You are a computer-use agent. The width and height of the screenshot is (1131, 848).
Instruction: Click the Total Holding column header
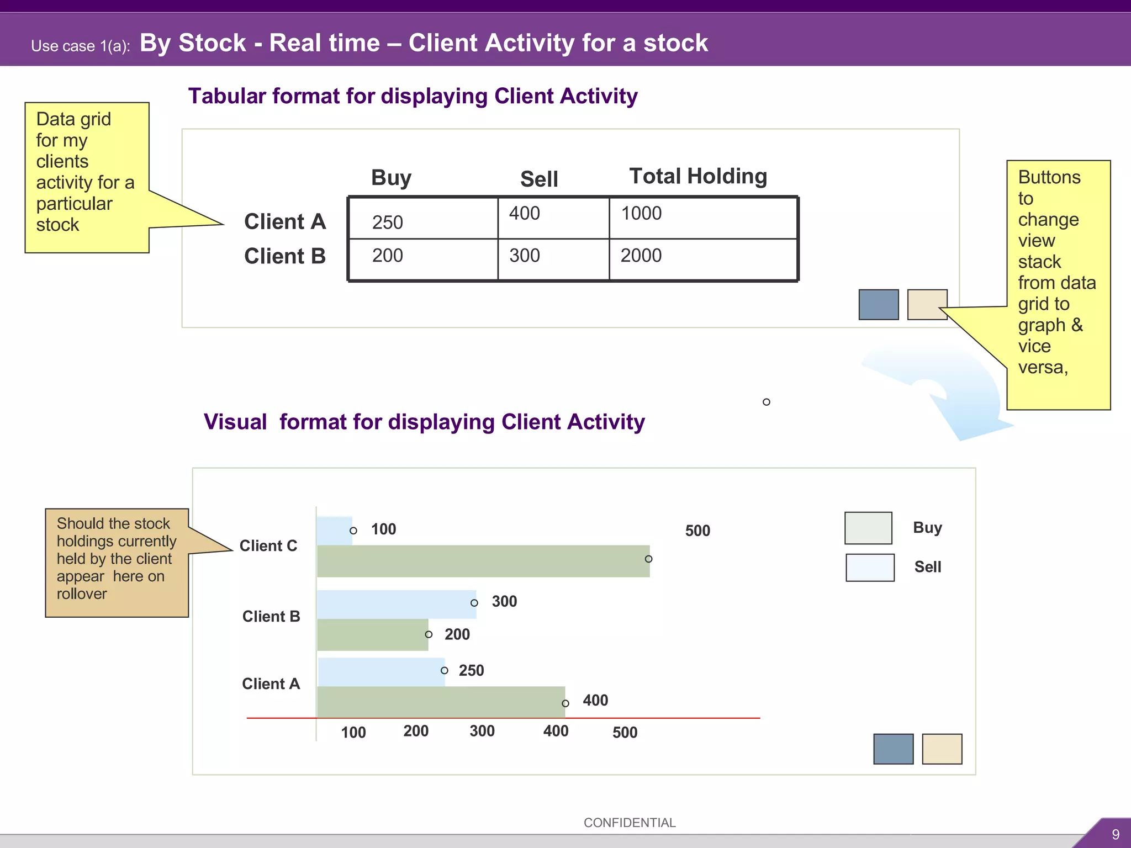[697, 177]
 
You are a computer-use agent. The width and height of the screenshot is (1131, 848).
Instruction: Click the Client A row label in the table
[284, 221]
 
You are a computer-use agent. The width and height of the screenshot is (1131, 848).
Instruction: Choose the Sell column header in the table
[538, 179]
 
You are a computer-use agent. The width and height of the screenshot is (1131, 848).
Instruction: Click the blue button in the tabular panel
[878, 304]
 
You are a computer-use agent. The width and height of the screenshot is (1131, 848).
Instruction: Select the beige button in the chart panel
[942, 749]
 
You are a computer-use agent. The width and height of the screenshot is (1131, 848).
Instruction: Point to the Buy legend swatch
[868, 528]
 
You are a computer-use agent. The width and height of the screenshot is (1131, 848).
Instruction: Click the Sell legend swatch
[870, 568]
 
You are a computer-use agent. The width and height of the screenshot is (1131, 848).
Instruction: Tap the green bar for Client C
[483, 561]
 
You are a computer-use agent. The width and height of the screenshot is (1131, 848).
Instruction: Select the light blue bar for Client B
[396, 604]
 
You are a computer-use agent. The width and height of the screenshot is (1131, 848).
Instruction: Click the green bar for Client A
[441, 702]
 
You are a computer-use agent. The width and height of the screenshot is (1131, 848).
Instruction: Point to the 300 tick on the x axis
[482, 731]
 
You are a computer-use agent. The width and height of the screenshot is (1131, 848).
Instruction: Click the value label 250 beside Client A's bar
[471, 670]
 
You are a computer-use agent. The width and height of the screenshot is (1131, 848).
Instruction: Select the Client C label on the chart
[268, 545]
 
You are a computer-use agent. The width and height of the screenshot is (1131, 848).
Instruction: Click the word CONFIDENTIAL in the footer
[629, 823]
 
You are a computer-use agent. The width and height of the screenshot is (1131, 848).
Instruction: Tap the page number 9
[1115, 834]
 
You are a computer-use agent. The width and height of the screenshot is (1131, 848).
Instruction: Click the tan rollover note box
[117, 562]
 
